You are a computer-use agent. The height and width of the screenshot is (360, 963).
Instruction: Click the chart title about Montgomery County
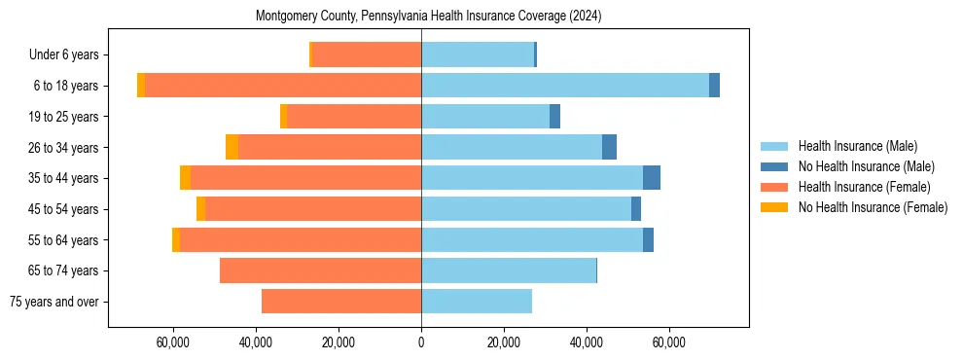click(x=428, y=17)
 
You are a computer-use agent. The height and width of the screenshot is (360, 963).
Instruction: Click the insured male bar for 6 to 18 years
click(x=564, y=86)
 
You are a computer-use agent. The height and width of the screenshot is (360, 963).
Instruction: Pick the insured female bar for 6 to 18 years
click(x=282, y=86)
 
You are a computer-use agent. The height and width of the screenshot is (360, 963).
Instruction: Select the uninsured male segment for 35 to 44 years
click(x=652, y=178)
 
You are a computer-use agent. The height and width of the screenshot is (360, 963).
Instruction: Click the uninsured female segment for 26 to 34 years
click(x=232, y=147)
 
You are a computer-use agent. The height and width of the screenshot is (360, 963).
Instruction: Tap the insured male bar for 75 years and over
click(x=477, y=302)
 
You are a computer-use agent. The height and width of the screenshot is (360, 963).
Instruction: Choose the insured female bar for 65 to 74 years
click(x=321, y=270)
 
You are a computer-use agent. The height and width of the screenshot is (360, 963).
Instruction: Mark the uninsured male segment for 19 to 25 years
click(x=554, y=117)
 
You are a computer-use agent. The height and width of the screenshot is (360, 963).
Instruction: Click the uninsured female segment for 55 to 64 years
click(x=176, y=239)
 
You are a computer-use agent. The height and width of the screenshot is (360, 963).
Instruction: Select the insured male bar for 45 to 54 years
click(x=525, y=209)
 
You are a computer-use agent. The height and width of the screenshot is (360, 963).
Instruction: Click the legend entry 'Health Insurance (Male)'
click(x=857, y=146)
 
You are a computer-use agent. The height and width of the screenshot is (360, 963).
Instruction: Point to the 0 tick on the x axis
click(x=421, y=342)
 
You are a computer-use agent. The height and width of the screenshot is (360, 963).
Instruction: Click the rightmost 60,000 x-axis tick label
click(x=669, y=342)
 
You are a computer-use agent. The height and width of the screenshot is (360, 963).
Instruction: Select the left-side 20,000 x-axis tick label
click(x=339, y=342)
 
